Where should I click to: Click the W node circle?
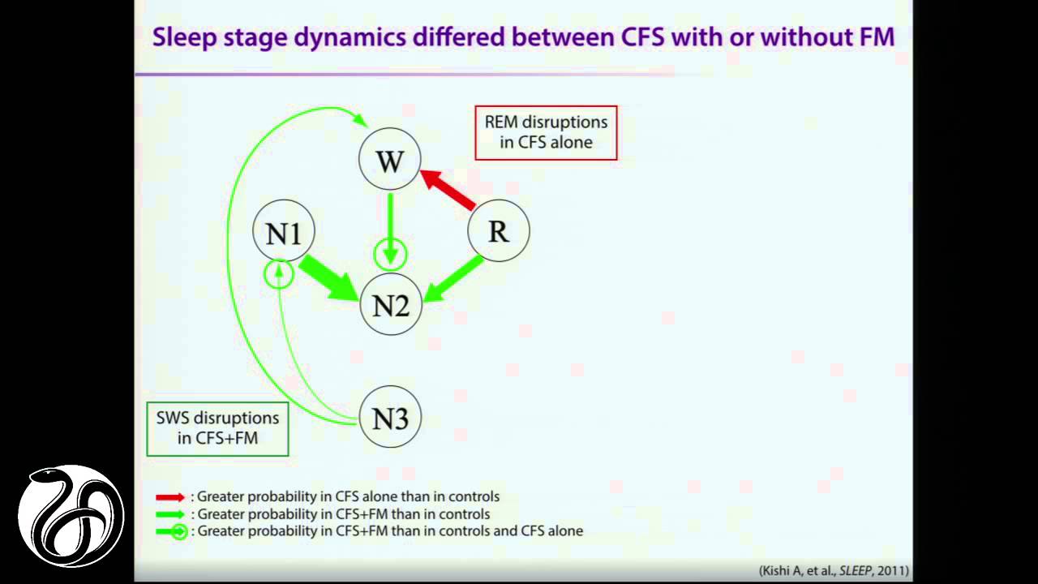(390, 160)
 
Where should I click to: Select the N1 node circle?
(284, 232)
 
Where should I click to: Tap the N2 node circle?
(391, 305)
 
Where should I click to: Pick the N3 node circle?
(391, 417)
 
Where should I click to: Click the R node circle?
(499, 231)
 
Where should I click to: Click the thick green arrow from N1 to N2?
(329, 277)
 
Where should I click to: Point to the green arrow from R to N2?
(455, 278)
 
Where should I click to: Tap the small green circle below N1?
(279, 274)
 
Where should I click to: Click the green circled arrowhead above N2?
(391, 255)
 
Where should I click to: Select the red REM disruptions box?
(546, 132)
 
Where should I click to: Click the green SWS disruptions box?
(217, 428)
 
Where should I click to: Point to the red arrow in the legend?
(171, 496)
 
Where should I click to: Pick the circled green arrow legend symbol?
(172, 532)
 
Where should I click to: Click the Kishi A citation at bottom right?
(834, 571)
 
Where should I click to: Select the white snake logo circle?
(71, 516)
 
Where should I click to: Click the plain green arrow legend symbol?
(171, 514)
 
